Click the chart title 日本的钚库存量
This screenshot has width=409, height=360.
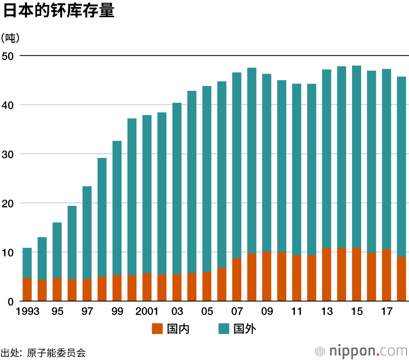58,11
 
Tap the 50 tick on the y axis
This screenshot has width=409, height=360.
9,56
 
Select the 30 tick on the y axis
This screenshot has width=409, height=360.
9,154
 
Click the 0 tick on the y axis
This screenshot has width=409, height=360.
11,301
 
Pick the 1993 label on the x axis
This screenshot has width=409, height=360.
28,312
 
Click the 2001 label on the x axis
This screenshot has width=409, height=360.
147,312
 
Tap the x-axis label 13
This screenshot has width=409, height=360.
326,312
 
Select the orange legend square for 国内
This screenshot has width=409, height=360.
157,328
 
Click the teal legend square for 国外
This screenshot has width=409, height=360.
223,328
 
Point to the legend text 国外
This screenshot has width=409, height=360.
245,328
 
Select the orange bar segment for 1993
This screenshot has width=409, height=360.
27,290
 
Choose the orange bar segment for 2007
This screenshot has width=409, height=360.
236,280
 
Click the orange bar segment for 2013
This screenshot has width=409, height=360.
326,274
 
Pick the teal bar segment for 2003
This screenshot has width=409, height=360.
177,188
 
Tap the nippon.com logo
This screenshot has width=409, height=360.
362,351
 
